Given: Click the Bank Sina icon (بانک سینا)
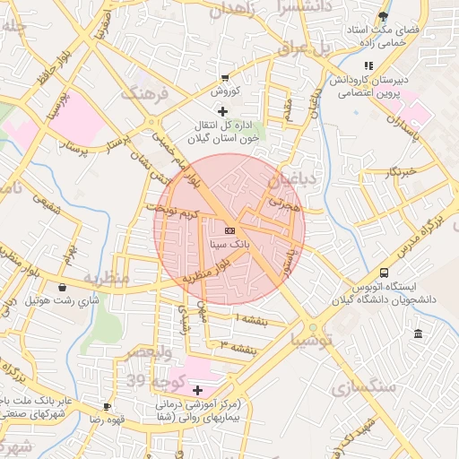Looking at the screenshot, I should tap(229, 230).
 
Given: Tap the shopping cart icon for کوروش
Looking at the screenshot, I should tap(224, 78).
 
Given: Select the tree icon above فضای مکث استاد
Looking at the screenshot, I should tap(384, 16).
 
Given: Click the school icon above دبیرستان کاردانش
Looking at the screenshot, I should tap(368, 65).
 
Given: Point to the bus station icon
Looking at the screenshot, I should tap(384, 273).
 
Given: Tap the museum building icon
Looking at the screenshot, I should tap(418, 334).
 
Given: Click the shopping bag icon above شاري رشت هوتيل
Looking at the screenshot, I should tap(62, 288).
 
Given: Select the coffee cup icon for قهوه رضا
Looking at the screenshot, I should tap(108, 406).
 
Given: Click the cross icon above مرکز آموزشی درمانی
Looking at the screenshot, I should tap(197, 391).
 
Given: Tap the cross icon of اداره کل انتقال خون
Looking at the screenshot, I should tap(223, 111).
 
